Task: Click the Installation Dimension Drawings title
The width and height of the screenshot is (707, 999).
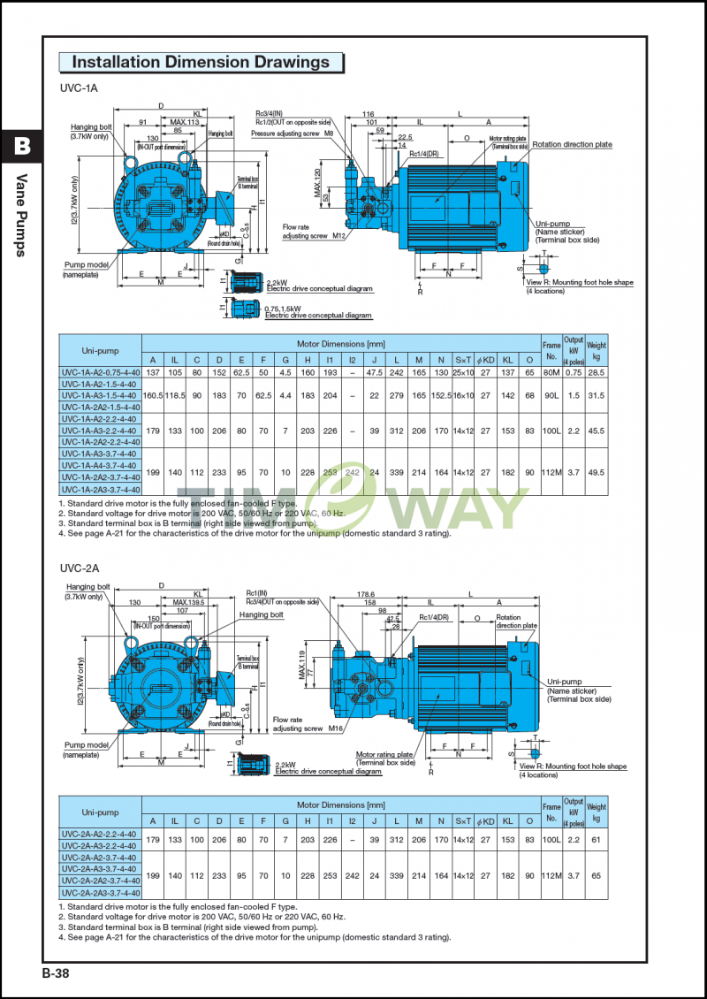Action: (x=201, y=62)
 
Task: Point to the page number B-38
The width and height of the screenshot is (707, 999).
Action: (x=55, y=973)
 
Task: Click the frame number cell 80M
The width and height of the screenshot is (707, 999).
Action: (x=551, y=372)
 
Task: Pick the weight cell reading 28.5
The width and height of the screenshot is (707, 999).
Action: (x=596, y=372)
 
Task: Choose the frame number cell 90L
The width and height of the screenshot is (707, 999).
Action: (x=551, y=395)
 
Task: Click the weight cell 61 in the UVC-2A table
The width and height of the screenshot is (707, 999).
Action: (x=596, y=839)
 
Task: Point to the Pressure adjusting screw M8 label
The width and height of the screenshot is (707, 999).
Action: (x=292, y=133)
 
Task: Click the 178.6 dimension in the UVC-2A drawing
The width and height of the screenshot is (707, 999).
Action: (x=365, y=595)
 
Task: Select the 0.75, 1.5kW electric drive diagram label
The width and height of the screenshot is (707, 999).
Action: (x=318, y=311)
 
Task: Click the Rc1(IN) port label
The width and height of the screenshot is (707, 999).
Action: (x=256, y=592)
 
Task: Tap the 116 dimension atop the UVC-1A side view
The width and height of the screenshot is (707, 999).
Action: (x=368, y=114)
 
